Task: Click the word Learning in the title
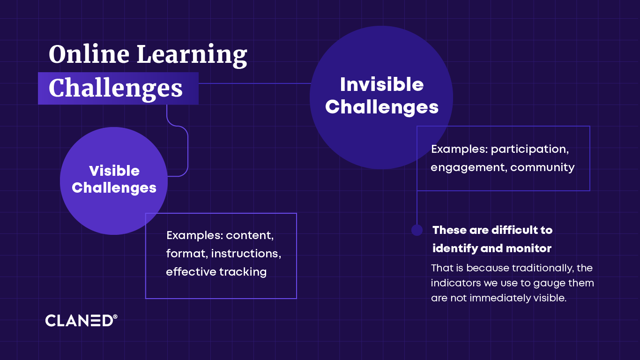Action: (x=192, y=56)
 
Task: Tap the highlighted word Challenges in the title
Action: (x=116, y=88)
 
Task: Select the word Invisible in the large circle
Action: (x=381, y=85)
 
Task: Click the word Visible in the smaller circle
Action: (x=114, y=171)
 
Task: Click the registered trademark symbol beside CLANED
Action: (x=115, y=317)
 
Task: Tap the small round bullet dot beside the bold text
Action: (x=417, y=230)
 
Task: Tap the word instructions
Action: (x=246, y=254)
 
